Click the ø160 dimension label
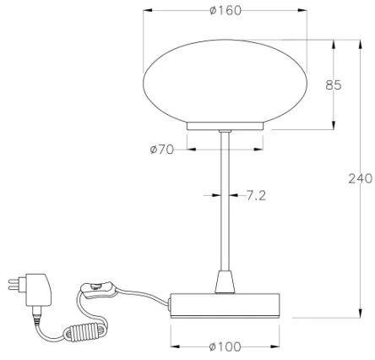click(x=224, y=10)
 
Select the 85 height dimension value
click(x=334, y=85)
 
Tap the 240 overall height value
click(x=360, y=178)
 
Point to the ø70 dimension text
click(x=161, y=150)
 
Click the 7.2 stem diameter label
click(x=257, y=195)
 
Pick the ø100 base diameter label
click(x=224, y=346)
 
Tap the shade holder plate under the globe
click(x=225, y=126)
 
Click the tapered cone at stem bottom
click(x=225, y=281)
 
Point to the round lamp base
click(x=224, y=304)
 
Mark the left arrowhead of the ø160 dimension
click(x=149, y=10)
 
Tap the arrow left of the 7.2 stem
click(x=215, y=195)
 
